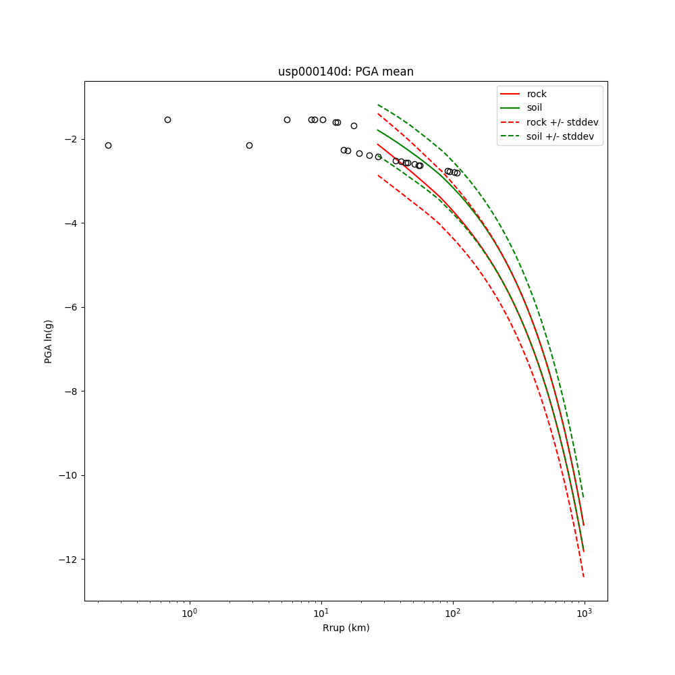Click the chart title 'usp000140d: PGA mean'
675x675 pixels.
click(x=346, y=72)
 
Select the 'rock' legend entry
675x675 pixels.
click(x=537, y=94)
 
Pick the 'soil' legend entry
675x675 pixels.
click(x=534, y=108)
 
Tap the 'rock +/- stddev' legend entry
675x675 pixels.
click(x=562, y=122)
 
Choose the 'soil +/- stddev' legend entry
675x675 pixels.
click(x=562, y=136)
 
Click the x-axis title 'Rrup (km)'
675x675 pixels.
click(x=346, y=628)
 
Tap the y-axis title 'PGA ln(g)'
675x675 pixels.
click(x=49, y=341)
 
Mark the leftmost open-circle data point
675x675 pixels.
click(x=108, y=145)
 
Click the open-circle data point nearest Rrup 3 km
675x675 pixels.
click(x=249, y=145)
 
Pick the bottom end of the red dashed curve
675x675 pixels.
click(x=583, y=576)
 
